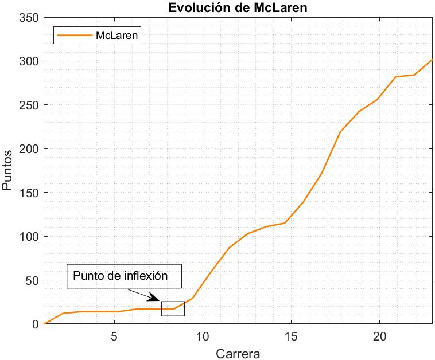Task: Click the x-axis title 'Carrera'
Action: coord(238,353)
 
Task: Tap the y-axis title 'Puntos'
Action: coord(8,171)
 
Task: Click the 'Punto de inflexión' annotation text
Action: coord(121,276)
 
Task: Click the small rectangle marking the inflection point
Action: coord(173,308)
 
